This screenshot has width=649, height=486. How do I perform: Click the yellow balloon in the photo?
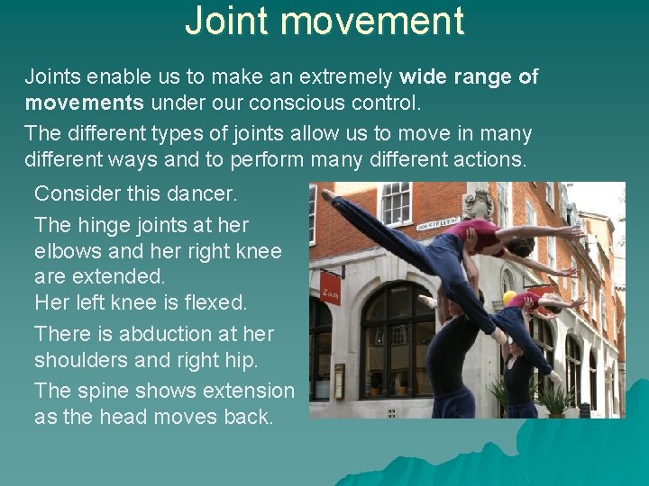click(x=510, y=298)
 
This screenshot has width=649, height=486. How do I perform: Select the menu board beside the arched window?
click(x=339, y=380)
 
